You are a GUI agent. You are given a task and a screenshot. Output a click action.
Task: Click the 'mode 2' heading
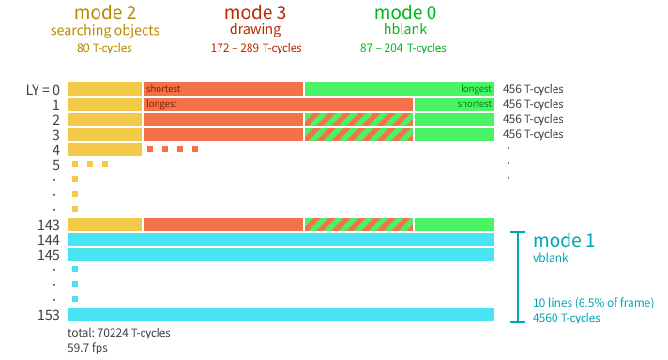(x=105, y=13)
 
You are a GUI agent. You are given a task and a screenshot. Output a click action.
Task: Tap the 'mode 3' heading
(x=256, y=13)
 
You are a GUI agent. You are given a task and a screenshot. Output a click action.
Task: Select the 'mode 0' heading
(x=403, y=13)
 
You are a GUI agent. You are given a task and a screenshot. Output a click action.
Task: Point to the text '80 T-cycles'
(x=105, y=48)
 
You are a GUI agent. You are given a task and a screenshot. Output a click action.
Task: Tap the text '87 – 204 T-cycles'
(x=403, y=48)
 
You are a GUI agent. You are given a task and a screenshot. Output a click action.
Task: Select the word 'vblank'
(x=552, y=257)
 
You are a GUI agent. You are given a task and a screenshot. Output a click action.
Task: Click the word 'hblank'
(x=403, y=30)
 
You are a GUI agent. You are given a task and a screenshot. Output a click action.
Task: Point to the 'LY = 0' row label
(x=43, y=89)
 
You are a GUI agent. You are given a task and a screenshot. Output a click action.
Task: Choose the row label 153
(x=49, y=314)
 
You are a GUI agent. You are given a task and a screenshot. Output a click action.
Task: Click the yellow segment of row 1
(x=104, y=104)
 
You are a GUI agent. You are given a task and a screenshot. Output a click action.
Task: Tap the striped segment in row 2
(x=358, y=119)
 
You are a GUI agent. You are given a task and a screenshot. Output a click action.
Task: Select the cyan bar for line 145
(x=281, y=254)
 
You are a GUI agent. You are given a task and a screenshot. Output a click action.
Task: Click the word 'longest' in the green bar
(x=475, y=89)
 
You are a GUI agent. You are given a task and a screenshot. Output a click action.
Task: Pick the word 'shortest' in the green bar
(x=473, y=104)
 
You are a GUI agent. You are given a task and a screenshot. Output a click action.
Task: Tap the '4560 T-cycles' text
(x=567, y=318)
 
